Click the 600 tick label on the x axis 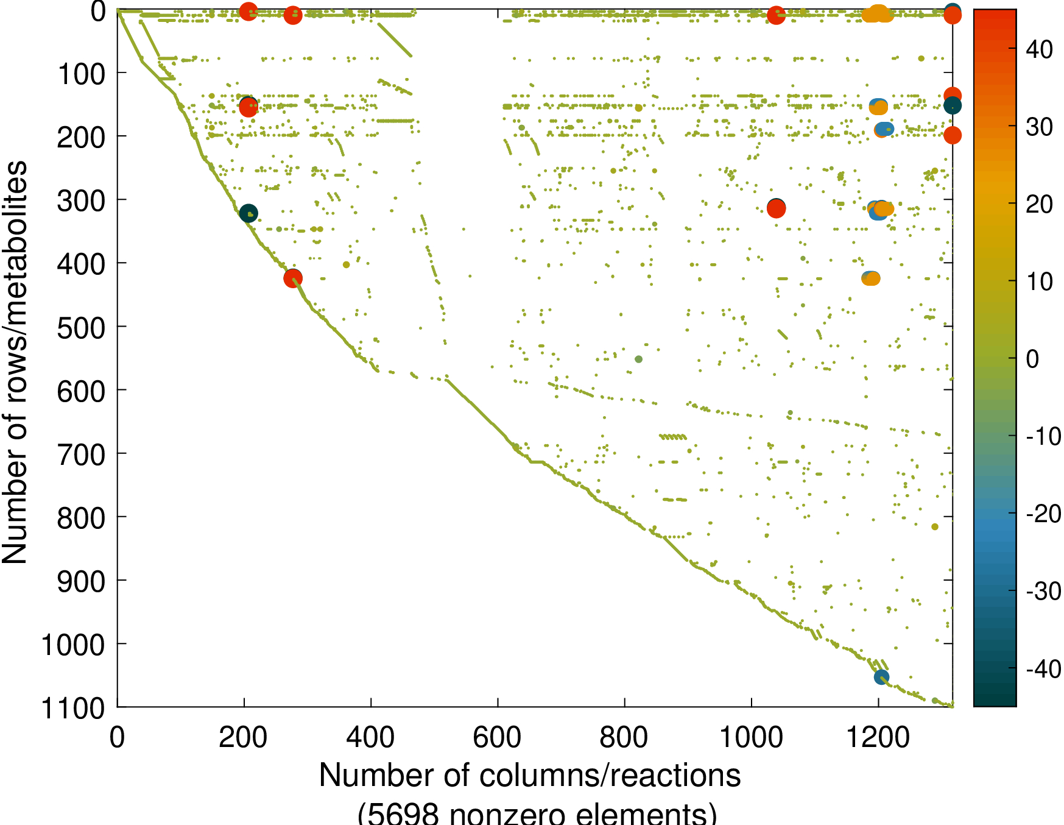pyautogui.click(x=497, y=738)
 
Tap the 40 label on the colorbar pyautogui.click(x=1039, y=49)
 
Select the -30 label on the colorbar pyautogui.click(x=1043, y=591)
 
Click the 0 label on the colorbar pyautogui.click(x=1032, y=359)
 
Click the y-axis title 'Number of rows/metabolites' pyautogui.click(x=15, y=362)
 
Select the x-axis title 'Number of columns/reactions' pyautogui.click(x=530, y=776)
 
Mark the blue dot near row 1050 pyautogui.click(x=881, y=677)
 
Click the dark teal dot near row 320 pyautogui.click(x=248, y=213)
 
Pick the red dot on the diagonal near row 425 pyautogui.click(x=293, y=278)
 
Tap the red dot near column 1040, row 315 pyautogui.click(x=776, y=208)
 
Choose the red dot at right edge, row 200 pyautogui.click(x=953, y=135)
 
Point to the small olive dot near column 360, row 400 pyautogui.click(x=346, y=264)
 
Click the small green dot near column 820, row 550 pyautogui.click(x=638, y=359)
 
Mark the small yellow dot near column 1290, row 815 pyautogui.click(x=935, y=527)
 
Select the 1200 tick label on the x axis pyautogui.click(x=878, y=738)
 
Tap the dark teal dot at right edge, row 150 pyautogui.click(x=953, y=106)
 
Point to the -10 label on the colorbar pyautogui.click(x=1043, y=436)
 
